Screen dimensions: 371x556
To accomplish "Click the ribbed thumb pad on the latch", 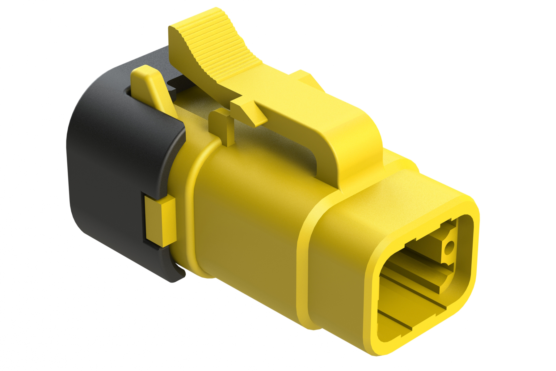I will point(216,46).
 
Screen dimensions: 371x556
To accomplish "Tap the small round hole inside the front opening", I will point(449,246).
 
